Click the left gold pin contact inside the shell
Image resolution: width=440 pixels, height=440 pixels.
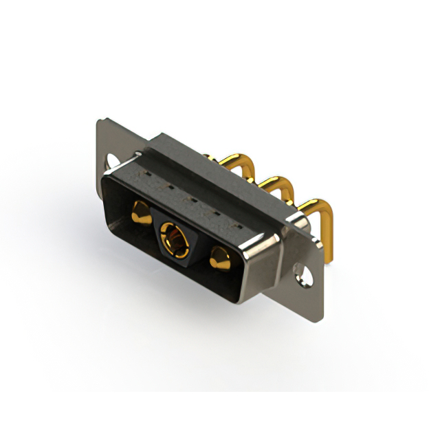pyautogui.click(x=141, y=213)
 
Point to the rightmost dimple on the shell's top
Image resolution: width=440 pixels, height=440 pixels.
pyautogui.click(x=238, y=225)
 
